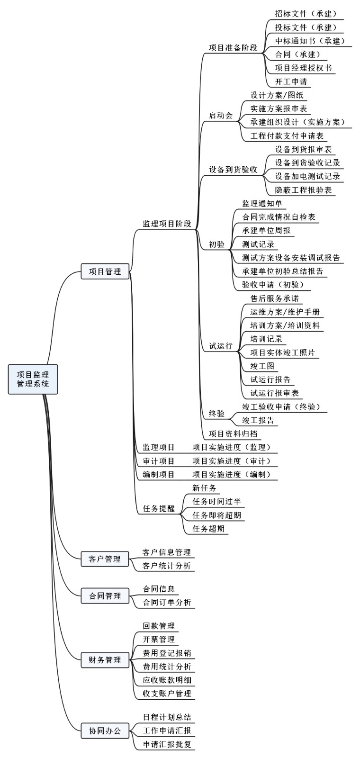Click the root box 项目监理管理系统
pos(33,379)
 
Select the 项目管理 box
pos(105,271)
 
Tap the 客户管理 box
pos(105,559)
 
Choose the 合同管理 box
pos(105,596)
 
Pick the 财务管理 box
pos(105,660)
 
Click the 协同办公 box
pos(105,731)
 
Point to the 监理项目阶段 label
pos(167,224)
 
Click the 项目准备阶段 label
pos(233,48)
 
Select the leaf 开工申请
pos(291,81)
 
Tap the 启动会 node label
pos(221,116)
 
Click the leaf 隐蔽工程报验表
pos(304,190)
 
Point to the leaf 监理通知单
pos(262,203)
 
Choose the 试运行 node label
pos(221,345)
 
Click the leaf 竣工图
pos(262,366)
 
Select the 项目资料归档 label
pos(233,433)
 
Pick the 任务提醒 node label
pos(159,508)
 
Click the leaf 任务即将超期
pos(217,515)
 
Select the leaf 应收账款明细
pos(167,680)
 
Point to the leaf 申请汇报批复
pos(167,744)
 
